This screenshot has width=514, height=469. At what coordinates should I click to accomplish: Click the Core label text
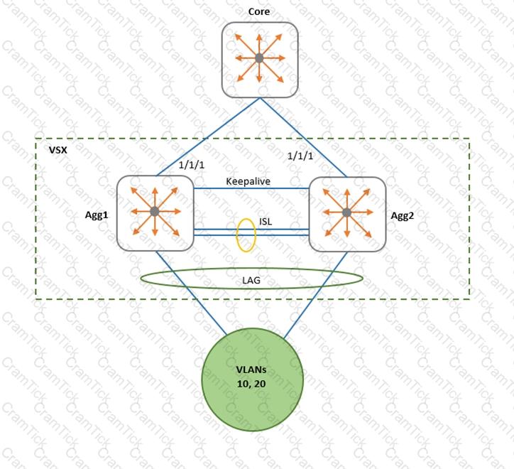[259, 11]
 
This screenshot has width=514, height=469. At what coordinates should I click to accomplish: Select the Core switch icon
[260, 60]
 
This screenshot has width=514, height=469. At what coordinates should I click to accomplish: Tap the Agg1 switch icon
[155, 213]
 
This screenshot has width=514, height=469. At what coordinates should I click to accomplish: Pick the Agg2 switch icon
[347, 215]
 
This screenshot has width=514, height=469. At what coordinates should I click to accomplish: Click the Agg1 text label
[97, 215]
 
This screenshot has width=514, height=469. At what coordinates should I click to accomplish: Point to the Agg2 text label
[403, 216]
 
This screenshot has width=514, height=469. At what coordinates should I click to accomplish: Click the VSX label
[58, 150]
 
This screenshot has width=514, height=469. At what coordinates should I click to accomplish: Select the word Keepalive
[248, 181]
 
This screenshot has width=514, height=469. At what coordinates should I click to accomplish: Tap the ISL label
[266, 222]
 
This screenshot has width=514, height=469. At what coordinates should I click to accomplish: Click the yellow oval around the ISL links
[237, 235]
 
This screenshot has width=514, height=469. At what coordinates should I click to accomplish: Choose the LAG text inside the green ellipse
[251, 280]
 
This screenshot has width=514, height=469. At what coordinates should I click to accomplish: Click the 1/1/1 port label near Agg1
[192, 165]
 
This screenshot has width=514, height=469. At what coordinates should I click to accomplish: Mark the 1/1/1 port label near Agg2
[300, 156]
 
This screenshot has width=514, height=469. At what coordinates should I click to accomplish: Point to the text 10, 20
[251, 384]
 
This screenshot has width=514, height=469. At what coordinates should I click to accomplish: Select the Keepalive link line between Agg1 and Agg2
[251, 188]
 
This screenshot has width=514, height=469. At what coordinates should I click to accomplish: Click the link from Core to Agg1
[208, 137]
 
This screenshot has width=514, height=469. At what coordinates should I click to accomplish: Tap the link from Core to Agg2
[303, 137]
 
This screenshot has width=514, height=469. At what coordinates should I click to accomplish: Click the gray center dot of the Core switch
[259, 58]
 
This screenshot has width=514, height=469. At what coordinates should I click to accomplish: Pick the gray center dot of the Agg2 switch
[347, 212]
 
